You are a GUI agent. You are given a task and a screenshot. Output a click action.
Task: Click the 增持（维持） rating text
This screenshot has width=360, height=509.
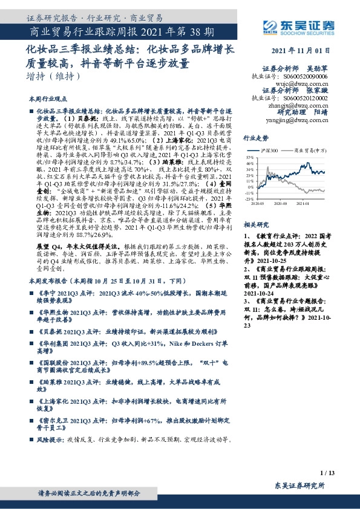coord(54,77)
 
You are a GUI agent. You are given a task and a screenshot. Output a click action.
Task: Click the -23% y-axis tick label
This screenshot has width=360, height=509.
coord(249,198)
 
